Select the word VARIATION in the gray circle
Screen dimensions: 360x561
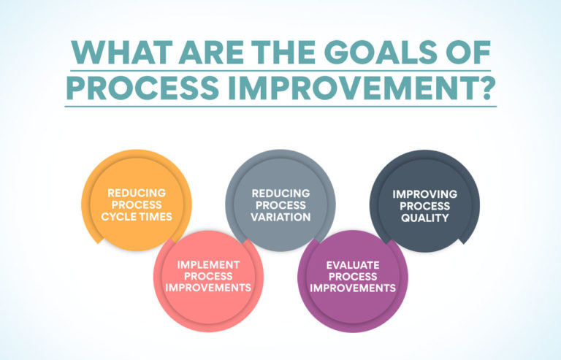pos(281,217)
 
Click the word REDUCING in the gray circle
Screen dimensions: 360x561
pos(281,193)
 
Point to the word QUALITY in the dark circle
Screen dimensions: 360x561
pos(424,218)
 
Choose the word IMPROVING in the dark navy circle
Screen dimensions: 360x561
pos(424,194)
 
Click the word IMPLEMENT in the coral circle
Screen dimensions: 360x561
pos(208,264)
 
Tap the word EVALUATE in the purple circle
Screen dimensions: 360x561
pos(353,264)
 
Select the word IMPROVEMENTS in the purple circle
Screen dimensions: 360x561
pos(353,288)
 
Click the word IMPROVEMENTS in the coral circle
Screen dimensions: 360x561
pos(208,288)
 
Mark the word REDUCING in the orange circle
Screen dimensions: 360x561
pos(137,193)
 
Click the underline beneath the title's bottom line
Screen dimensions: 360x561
pos(280,107)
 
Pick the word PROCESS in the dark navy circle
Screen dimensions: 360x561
pos(424,206)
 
